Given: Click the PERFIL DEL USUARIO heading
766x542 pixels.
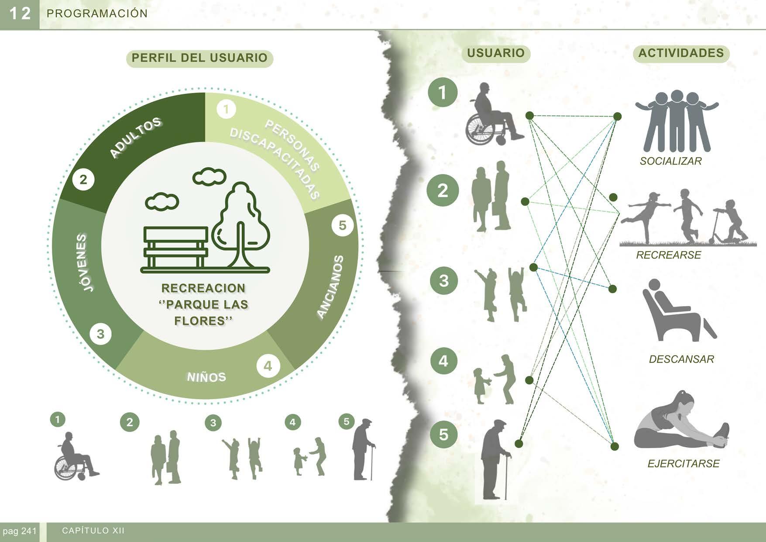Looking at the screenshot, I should tap(199, 58).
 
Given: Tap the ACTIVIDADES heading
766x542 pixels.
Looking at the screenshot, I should tap(681, 53).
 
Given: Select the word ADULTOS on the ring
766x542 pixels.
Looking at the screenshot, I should tap(135, 138).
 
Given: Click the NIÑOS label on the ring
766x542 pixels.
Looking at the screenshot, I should tap(206, 377).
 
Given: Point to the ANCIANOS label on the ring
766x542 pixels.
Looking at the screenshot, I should tap(330, 287).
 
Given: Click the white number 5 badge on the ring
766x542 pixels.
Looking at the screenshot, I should tap(342, 225).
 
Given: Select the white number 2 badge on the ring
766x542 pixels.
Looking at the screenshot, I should tap(83, 180).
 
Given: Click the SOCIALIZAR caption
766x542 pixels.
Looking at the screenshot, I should tap(670, 161).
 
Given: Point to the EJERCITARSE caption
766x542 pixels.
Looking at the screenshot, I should tap(683, 463).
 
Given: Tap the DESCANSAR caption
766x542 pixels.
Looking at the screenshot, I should tap(681, 359).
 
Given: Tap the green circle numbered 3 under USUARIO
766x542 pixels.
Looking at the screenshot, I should tap(443, 280).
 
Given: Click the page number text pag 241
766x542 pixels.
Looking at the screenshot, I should tap(19, 532).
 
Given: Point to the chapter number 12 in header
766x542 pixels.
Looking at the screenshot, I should tap(20, 14).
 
